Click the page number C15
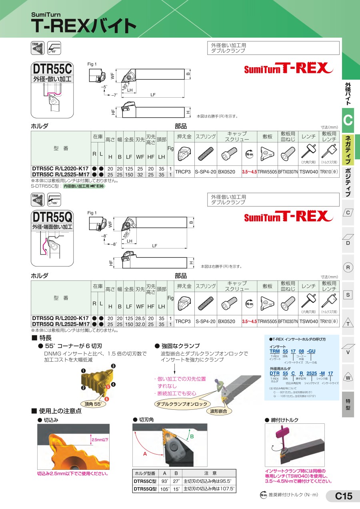[343, 497]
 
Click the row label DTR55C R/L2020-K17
[60, 169]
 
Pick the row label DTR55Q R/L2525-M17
[60, 324]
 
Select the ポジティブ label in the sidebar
[348, 182]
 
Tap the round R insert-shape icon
[348, 268]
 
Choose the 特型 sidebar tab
[348, 404]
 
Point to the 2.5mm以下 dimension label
[100, 440]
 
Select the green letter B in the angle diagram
[192, 436]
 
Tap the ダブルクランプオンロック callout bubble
[182, 404]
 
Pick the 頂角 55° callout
[94, 404]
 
